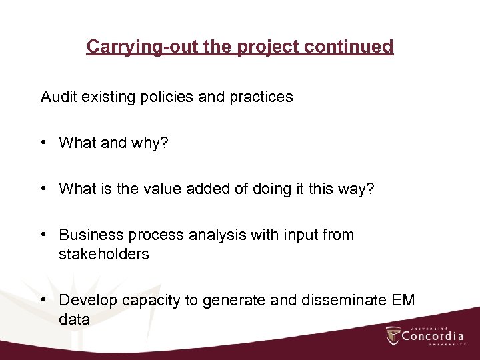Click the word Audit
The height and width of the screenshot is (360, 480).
[x=59, y=97]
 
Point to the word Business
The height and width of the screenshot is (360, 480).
[x=87, y=235]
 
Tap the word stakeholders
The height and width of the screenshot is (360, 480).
[x=104, y=254]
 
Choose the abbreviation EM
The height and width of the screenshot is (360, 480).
[x=402, y=301]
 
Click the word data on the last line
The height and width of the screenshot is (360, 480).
[x=74, y=319]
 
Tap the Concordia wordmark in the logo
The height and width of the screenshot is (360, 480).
[x=432, y=336]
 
